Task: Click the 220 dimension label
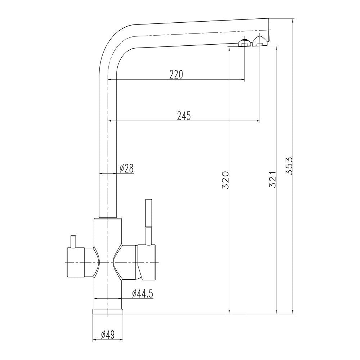(x=176, y=74)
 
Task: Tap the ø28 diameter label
(x=126, y=168)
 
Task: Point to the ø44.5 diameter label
(x=143, y=293)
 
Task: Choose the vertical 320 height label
(x=225, y=180)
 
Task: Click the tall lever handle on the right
(x=148, y=220)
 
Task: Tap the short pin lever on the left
(x=73, y=241)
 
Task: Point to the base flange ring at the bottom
(x=108, y=311)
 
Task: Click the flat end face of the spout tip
(x=269, y=31)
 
